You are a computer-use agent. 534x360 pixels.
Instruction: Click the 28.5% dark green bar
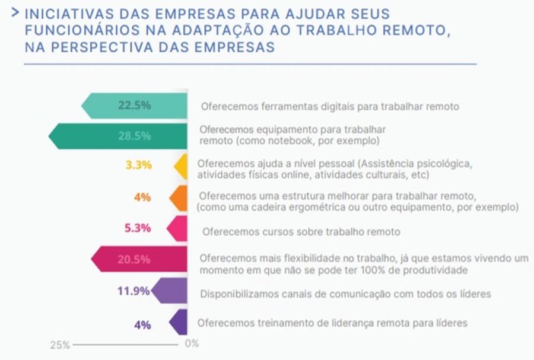[119, 136]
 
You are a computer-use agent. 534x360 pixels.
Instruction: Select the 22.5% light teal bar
[135, 106]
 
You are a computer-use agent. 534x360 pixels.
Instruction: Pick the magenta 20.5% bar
[140, 259]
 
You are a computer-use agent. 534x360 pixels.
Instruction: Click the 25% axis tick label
[59, 344]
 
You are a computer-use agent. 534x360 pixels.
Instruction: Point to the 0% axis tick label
[192, 343]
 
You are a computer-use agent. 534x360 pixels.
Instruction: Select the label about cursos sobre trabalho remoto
[301, 232]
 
